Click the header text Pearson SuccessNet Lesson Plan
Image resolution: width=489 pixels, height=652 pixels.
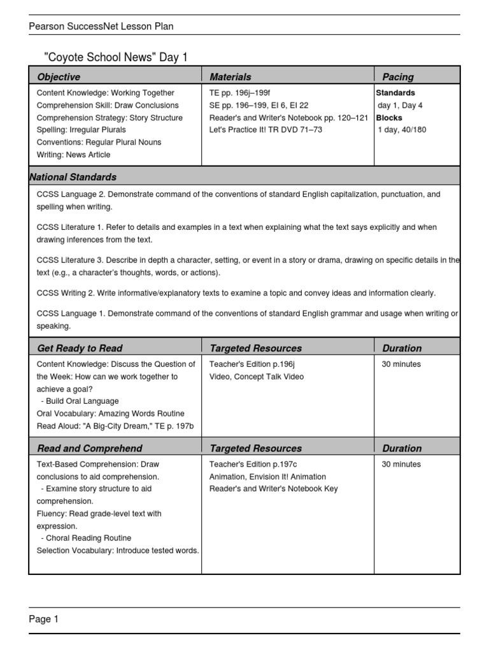[x=101, y=26]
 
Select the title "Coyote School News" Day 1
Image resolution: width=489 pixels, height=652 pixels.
[x=115, y=58]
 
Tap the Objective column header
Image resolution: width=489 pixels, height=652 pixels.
[x=59, y=77]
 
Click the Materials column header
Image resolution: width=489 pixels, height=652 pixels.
[x=230, y=77]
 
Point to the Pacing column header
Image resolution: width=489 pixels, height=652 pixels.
[x=398, y=77]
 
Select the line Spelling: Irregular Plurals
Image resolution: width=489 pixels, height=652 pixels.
[x=81, y=130]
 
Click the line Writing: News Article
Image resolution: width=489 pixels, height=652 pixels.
[x=73, y=155]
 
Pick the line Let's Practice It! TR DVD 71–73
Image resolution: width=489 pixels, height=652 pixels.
[x=266, y=130]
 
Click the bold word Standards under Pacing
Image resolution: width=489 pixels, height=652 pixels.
[x=395, y=93]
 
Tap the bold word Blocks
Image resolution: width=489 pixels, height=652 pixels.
[x=389, y=118]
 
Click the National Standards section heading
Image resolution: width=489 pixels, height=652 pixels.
[x=73, y=177]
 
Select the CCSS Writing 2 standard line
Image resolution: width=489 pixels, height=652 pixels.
[x=236, y=293]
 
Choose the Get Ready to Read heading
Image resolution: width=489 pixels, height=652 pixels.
[x=80, y=348]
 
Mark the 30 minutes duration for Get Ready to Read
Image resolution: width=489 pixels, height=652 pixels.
[x=401, y=364]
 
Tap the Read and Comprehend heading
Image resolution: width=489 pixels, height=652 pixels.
[x=90, y=448]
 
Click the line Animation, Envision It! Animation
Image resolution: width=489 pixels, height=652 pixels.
[x=267, y=477]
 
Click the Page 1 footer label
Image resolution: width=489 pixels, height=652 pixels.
[x=43, y=619]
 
